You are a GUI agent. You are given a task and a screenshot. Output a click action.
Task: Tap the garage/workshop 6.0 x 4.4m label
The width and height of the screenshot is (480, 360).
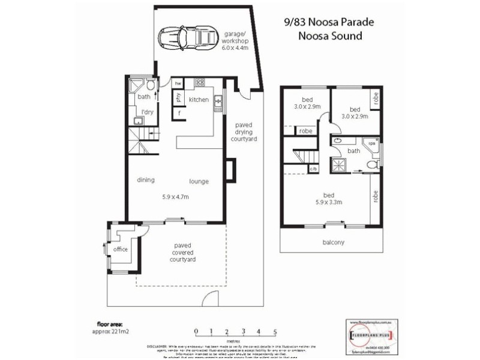click(x=236, y=41)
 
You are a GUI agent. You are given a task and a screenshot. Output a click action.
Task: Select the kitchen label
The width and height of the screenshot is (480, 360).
click(x=199, y=99)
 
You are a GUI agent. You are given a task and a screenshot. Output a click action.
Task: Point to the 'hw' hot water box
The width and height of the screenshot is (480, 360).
click(x=178, y=83)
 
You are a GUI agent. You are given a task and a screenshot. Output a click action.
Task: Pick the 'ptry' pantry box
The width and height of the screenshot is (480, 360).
click(x=178, y=97)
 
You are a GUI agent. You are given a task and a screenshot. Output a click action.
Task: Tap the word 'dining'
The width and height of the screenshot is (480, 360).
click(x=146, y=180)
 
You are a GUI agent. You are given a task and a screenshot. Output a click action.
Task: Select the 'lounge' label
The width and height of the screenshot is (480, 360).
click(x=199, y=181)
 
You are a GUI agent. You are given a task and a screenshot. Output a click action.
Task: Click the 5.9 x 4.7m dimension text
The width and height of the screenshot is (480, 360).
click(x=176, y=197)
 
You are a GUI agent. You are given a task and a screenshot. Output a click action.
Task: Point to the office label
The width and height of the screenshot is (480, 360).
click(x=121, y=249)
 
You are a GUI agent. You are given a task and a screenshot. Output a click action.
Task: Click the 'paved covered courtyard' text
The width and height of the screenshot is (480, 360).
click(x=183, y=253)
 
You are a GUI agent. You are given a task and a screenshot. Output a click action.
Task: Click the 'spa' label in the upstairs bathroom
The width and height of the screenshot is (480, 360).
click(x=372, y=144)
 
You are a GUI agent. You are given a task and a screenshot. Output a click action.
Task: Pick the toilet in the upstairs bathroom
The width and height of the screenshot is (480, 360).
click(x=371, y=163)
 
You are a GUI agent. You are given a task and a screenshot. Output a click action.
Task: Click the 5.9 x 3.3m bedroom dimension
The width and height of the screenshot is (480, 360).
click(x=329, y=202)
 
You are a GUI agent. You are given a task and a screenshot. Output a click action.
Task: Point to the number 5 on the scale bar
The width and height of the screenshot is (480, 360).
click(x=275, y=331)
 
